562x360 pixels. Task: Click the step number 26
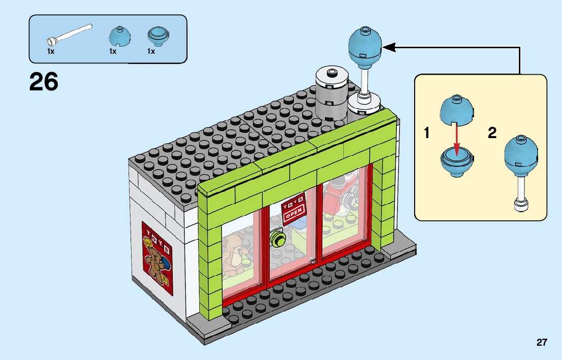pos(44,82)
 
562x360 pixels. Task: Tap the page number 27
pos(542,343)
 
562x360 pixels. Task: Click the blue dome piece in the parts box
pos(120,36)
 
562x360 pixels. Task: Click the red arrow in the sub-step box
pos(456,138)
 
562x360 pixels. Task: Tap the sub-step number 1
pos(427,134)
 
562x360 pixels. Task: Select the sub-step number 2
pos(492,134)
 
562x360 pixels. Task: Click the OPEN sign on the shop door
pos(294,210)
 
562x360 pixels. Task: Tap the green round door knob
pos(277,238)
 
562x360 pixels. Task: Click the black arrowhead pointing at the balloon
pos(389,47)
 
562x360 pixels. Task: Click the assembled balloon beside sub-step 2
pos(520,170)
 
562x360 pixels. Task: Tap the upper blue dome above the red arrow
pos(456,109)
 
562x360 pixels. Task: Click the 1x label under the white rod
pos(51,51)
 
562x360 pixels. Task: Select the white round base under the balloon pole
pos(365,104)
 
